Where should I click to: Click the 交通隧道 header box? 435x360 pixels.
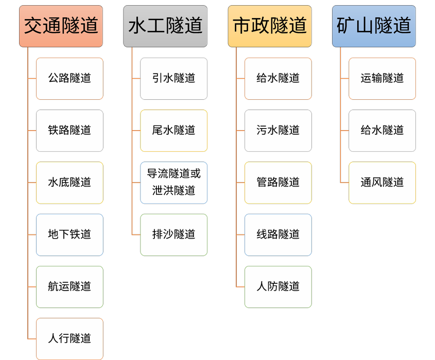(61, 26)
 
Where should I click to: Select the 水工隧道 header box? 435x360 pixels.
(165, 26)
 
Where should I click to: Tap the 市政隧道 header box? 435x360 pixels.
(270, 26)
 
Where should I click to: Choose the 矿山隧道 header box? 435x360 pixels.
(374, 26)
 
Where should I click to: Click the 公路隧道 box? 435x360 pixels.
(69, 78)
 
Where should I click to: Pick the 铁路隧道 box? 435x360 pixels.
(69, 130)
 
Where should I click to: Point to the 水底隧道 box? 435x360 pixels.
(69, 183)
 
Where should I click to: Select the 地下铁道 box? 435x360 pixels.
(69, 235)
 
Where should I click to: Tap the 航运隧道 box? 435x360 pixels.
(69, 286)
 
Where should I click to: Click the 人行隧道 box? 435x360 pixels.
(69, 338)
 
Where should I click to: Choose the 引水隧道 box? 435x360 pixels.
(174, 78)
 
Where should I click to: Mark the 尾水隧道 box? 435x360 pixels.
(174, 130)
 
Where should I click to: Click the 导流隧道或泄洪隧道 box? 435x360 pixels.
(174, 183)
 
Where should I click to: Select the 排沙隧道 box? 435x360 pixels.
(174, 235)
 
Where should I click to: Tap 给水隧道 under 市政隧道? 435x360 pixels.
(278, 78)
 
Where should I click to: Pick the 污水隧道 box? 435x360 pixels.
(278, 130)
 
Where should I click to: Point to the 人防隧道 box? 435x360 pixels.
(278, 286)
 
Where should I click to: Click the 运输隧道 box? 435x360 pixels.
(382, 78)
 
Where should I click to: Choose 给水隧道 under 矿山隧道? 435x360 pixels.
(382, 130)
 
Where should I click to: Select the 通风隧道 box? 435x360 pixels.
(382, 183)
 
